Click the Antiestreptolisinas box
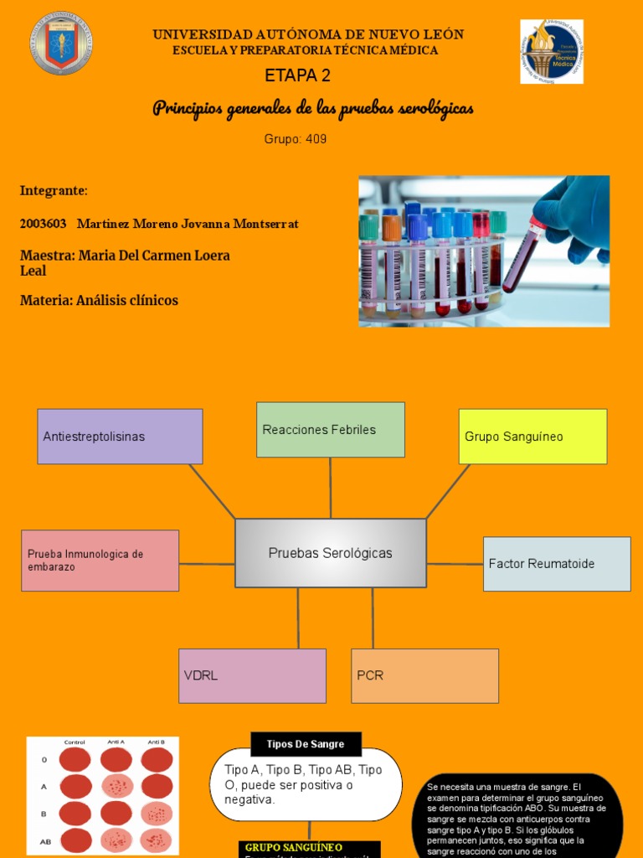click(x=120, y=437)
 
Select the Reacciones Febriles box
click(x=330, y=430)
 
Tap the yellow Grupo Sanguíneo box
click(x=532, y=437)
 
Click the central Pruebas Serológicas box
click(x=330, y=553)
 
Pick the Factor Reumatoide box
click(x=556, y=564)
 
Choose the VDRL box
click(x=252, y=675)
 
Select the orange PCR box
click(x=424, y=675)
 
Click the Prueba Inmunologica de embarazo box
click(x=100, y=561)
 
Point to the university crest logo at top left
click(x=61, y=44)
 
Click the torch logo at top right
click(x=551, y=52)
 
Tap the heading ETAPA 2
click(x=297, y=75)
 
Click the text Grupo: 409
click(x=296, y=139)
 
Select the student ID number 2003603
click(x=43, y=224)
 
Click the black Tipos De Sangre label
click(x=306, y=744)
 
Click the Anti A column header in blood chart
click(x=116, y=742)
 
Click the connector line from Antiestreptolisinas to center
click(x=212, y=491)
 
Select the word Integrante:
click(x=54, y=191)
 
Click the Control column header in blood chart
click(x=75, y=742)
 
